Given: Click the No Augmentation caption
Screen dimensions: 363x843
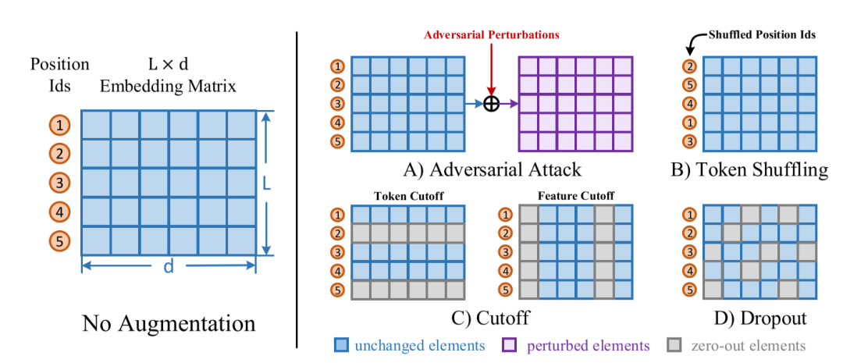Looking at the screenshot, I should [169, 322].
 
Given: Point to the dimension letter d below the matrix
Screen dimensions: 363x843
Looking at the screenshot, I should [169, 267].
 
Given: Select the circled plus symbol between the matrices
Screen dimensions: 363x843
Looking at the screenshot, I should [491, 104].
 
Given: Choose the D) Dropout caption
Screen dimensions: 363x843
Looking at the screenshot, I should [752, 318].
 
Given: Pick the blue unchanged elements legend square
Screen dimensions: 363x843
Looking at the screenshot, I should [342, 344].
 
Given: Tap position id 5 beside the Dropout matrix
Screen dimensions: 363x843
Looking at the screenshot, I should [689, 290].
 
